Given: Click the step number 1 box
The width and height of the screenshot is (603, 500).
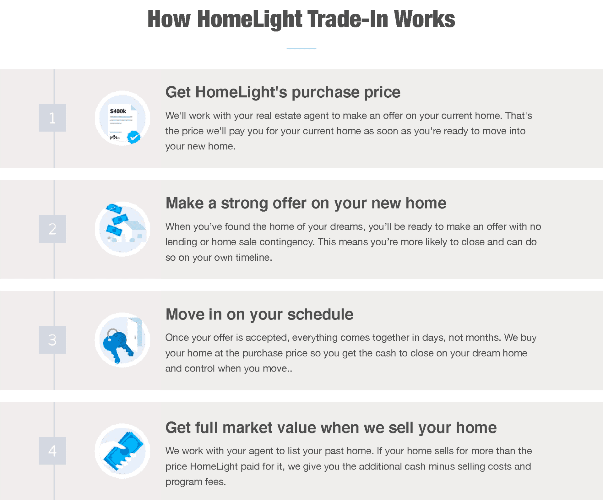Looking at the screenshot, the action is (x=52, y=118).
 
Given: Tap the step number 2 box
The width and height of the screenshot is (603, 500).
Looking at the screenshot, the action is (x=52, y=229).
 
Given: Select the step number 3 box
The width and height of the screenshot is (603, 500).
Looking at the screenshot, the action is (x=52, y=340).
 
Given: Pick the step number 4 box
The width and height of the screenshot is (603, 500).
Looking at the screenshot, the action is (x=52, y=451).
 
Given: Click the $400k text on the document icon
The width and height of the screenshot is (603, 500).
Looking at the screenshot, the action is (x=118, y=111).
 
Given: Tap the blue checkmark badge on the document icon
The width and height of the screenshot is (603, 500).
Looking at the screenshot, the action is (x=134, y=137).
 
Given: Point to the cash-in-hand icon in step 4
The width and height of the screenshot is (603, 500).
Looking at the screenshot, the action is (x=122, y=451).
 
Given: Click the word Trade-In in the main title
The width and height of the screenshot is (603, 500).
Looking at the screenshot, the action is (x=348, y=19).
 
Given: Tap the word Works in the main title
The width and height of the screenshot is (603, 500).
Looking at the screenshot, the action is (x=424, y=19).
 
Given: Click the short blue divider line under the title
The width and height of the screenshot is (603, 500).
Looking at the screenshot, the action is (x=301, y=48).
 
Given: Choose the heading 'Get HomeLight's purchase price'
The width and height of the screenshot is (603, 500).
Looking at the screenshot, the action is (x=283, y=92).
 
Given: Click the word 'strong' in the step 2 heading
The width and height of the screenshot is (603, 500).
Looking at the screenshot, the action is (x=244, y=203).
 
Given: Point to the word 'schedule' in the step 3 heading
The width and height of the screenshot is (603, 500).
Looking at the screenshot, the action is (x=320, y=314).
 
